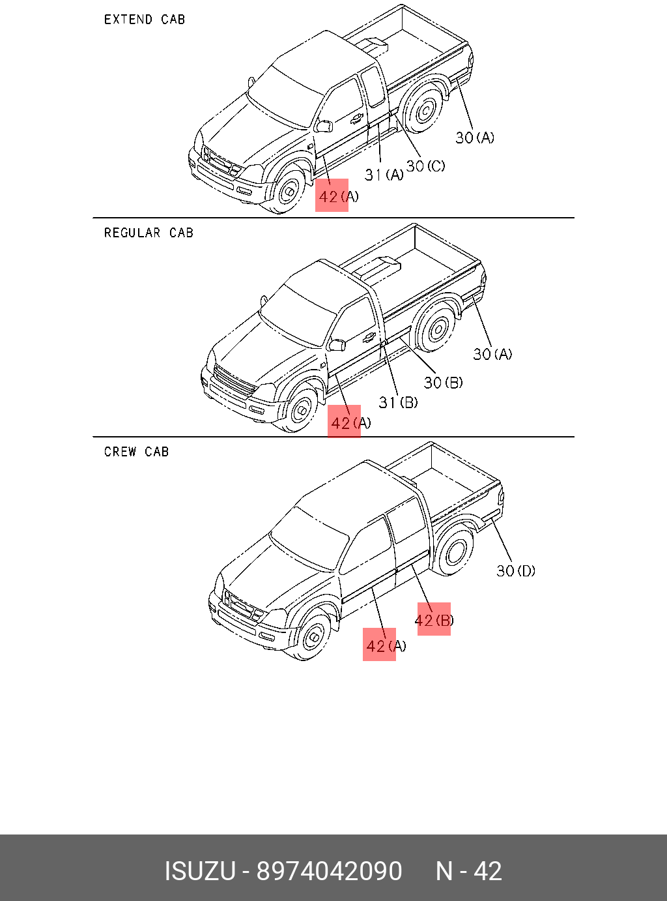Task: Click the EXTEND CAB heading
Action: tap(145, 20)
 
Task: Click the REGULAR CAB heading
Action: tap(149, 233)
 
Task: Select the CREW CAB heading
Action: tap(136, 452)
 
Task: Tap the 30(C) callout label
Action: tap(425, 166)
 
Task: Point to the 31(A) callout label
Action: tap(384, 175)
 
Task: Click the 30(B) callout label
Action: tap(443, 383)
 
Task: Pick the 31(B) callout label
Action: tap(398, 402)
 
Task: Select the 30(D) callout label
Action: tap(516, 570)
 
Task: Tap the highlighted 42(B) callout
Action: tap(434, 619)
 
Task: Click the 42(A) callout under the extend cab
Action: tap(338, 196)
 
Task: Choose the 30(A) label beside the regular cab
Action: tap(492, 354)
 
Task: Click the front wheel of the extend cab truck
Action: tap(287, 191)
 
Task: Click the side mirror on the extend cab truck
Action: tap(324, 126)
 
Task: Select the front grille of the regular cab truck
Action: tap(234, 382)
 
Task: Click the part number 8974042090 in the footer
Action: tap(329, 871)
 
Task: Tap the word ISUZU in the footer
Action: tap(199, 871)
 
